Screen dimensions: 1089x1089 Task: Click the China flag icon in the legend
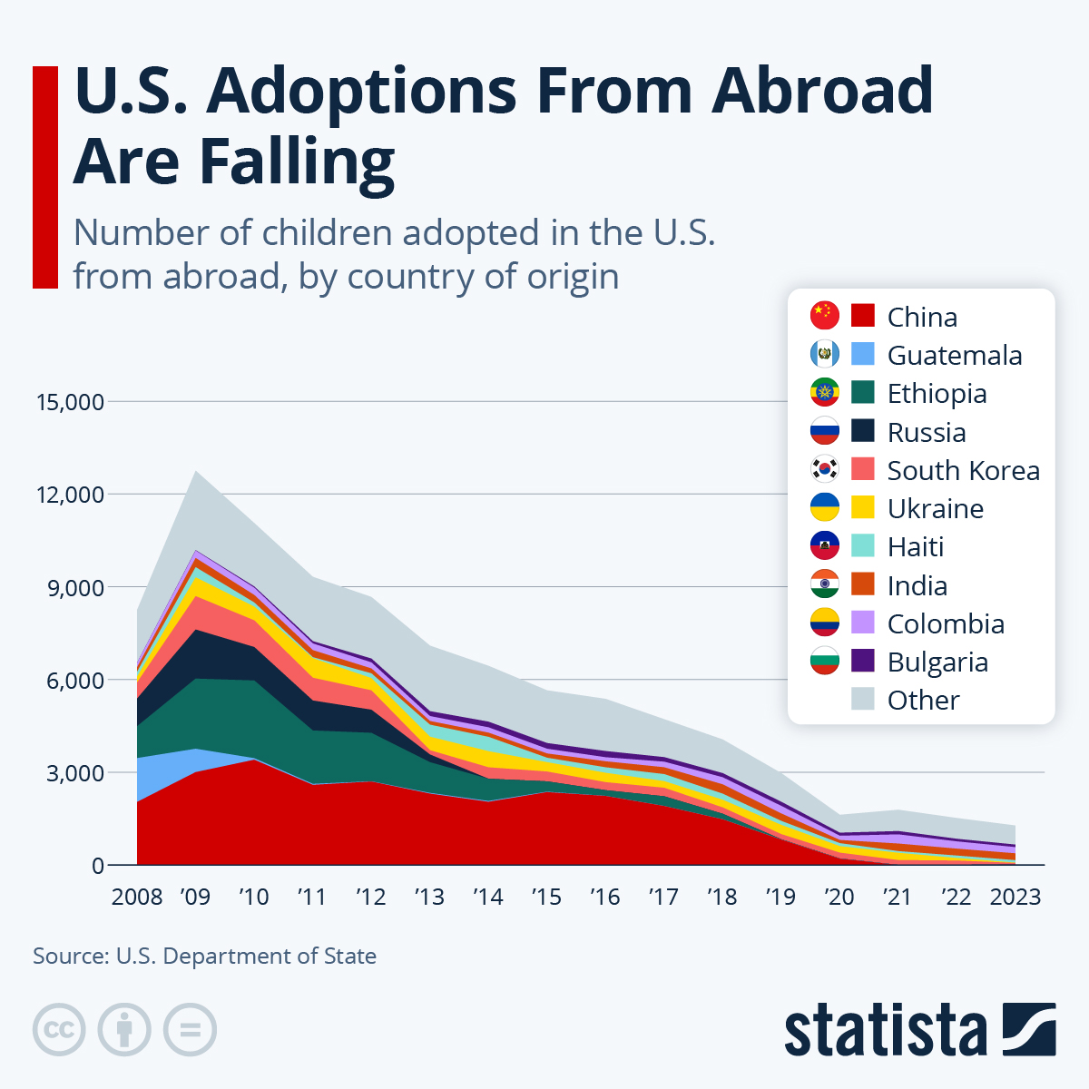coord(825,316)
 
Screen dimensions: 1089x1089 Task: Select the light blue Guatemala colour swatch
coord(863,354)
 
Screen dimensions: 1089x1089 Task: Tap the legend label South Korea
coord(963,470)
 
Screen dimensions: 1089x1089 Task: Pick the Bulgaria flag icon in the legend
coord(825,661)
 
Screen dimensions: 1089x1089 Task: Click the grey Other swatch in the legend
coord(863,699)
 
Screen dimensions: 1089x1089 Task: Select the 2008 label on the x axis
coord(137,897)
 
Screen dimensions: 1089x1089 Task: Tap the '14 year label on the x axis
coord(488,897)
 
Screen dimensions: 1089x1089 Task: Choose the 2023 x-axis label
coord(1015,897)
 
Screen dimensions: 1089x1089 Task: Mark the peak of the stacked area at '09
coord(196,471)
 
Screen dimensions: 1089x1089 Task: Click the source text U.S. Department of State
coord(246,956)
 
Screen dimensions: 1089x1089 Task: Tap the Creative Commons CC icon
coord(59,1030)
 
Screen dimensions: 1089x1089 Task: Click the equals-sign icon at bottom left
coord(190,1030)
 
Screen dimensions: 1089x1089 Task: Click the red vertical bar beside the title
coord(44,177)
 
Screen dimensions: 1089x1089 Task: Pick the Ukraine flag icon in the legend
coord(825,507)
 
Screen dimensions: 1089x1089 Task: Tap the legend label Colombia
coord(946,623)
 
